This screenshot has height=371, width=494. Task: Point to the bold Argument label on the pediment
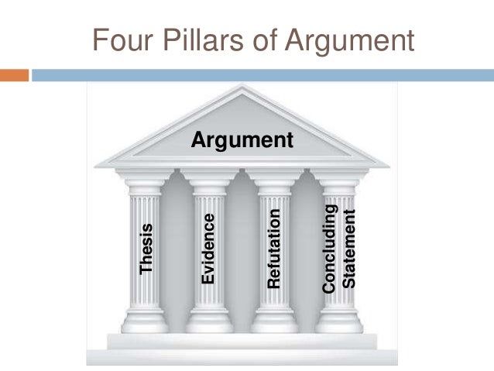[x=242, y=141]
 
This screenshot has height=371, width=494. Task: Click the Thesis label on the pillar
[x=146, y=249]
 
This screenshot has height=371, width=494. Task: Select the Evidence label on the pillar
[x=208, y=247]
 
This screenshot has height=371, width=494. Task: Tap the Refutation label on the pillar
[x=273, y=247]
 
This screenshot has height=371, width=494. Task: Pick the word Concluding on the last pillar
[x=329, y=249]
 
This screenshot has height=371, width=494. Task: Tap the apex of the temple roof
[x=242, y=87]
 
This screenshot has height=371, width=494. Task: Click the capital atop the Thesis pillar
[x=146, y=184]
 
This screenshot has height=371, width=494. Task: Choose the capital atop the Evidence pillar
[x=209, y=184]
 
